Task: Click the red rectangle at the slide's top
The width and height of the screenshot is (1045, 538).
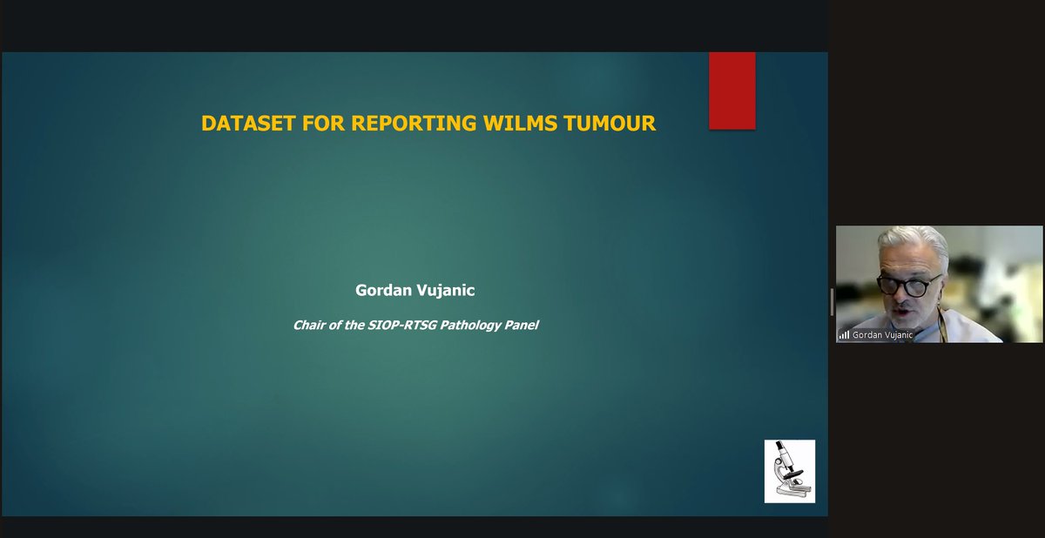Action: pos(731,91)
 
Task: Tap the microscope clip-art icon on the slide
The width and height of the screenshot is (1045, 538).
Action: pos(789,471)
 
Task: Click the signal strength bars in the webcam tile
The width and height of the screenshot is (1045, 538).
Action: pos(844,334)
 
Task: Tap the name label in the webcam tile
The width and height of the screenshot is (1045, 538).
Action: pos(883,334)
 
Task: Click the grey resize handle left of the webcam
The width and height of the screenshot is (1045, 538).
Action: pos(832,302)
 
